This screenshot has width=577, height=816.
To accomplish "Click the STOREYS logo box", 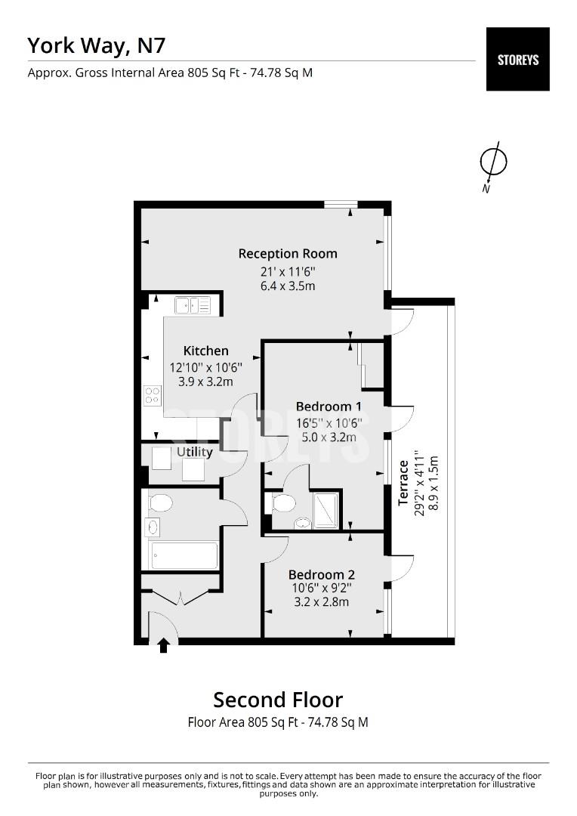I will point(517,59).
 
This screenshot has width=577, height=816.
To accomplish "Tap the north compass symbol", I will point(493,162).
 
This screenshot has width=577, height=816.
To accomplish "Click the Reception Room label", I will point(288,253).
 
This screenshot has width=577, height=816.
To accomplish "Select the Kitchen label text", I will point(205,351).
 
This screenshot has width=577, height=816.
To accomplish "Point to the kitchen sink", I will point(193,304).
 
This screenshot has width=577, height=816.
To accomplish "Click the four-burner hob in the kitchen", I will point(153,395).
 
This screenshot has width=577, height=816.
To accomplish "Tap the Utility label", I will point(194,452).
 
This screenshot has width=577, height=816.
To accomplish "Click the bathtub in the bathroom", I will point(184,556).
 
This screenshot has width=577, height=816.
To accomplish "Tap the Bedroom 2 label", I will point(321,573).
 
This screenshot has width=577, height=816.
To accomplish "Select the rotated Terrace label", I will point(404,483).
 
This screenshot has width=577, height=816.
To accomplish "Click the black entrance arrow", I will point(163,644).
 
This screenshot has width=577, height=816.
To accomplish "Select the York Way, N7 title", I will point(96,45).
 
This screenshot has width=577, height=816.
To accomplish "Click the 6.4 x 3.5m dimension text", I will point(288,286).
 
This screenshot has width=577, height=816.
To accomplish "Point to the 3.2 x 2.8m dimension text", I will point(321,602).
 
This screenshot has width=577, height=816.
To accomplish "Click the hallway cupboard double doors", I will point(180,598).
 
